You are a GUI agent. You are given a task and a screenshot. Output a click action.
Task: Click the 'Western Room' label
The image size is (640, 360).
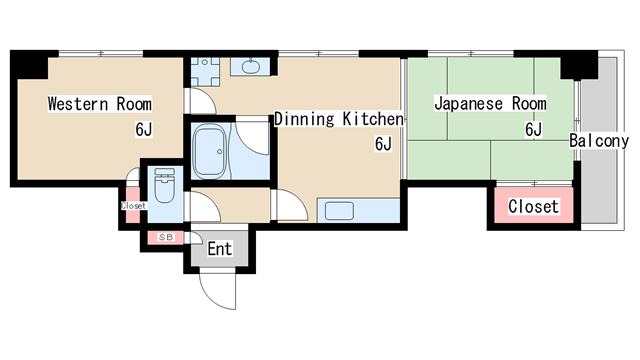coord(99,104)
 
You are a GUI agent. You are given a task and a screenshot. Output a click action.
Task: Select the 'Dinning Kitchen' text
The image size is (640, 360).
coord(338,119)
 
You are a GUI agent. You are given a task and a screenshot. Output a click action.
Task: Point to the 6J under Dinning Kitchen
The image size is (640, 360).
coord(383,144)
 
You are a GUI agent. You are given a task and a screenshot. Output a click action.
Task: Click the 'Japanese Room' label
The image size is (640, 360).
coord(490,104)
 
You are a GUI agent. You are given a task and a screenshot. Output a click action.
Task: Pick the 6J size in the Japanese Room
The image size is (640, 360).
coord(533,128)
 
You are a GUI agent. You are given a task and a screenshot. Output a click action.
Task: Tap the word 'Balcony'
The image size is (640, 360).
coord(599,141)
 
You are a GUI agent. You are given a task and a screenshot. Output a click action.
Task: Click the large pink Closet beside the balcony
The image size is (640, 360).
coord(533,207)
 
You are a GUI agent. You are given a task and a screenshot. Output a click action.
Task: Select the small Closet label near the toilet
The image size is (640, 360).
coord(133,206)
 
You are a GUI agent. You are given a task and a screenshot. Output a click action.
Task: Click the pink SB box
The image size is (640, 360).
coord(166,237)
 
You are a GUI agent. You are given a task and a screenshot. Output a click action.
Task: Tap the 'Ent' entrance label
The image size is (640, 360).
coord(219,248)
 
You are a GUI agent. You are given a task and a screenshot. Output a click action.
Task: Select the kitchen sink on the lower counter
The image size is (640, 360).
coord(337,211)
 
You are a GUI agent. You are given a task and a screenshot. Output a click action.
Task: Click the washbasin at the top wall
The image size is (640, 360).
coord(251,68)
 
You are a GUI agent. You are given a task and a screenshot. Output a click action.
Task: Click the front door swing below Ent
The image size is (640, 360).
coord(217,291)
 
